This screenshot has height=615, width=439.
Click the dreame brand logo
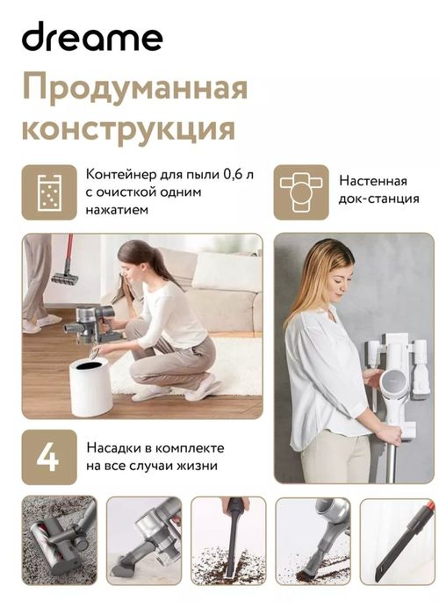(92, 38)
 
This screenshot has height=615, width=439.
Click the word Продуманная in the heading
(134, 89)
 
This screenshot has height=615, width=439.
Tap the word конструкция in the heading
(128, 128)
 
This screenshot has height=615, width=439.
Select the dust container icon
(49, 192)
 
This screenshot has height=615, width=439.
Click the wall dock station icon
(301, 192)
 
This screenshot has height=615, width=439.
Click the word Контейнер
(120, 174)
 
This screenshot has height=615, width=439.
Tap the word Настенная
(372, 181)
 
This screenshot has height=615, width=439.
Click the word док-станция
(379, 201)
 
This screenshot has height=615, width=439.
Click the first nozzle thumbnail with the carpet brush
(58, 540)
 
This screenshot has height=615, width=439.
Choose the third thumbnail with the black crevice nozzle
(227, 540)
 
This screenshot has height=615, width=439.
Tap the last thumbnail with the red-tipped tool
(397, 540)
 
